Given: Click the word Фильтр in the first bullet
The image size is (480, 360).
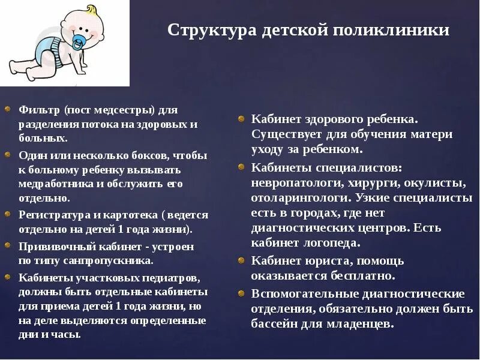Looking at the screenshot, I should coord(39,110).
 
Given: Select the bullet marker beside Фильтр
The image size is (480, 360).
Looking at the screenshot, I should coord(7,110).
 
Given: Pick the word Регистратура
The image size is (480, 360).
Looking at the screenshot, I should coord(53,215).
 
